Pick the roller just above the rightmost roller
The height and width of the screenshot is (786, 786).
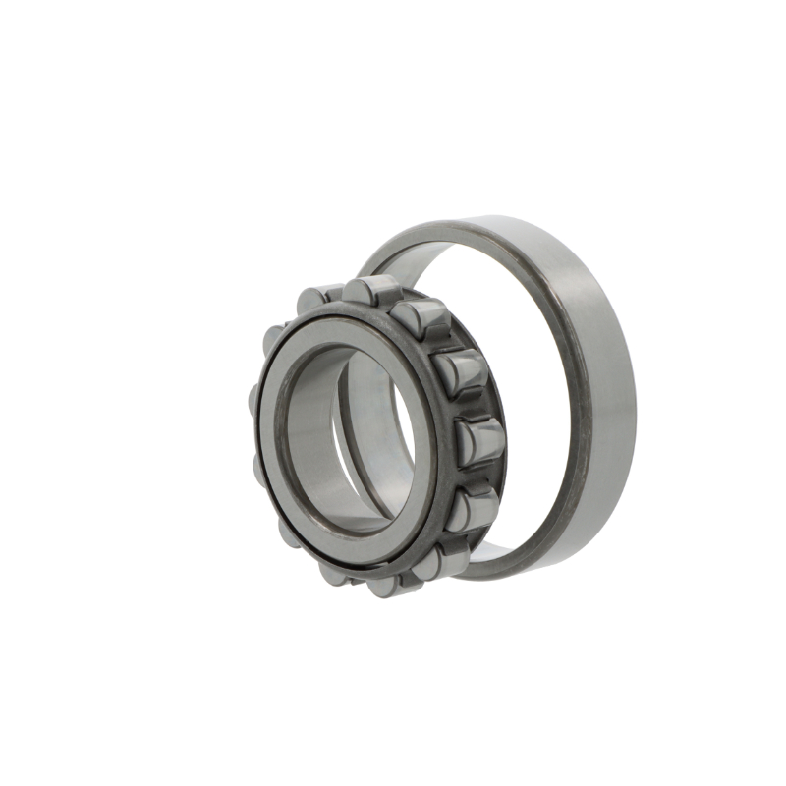457,373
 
